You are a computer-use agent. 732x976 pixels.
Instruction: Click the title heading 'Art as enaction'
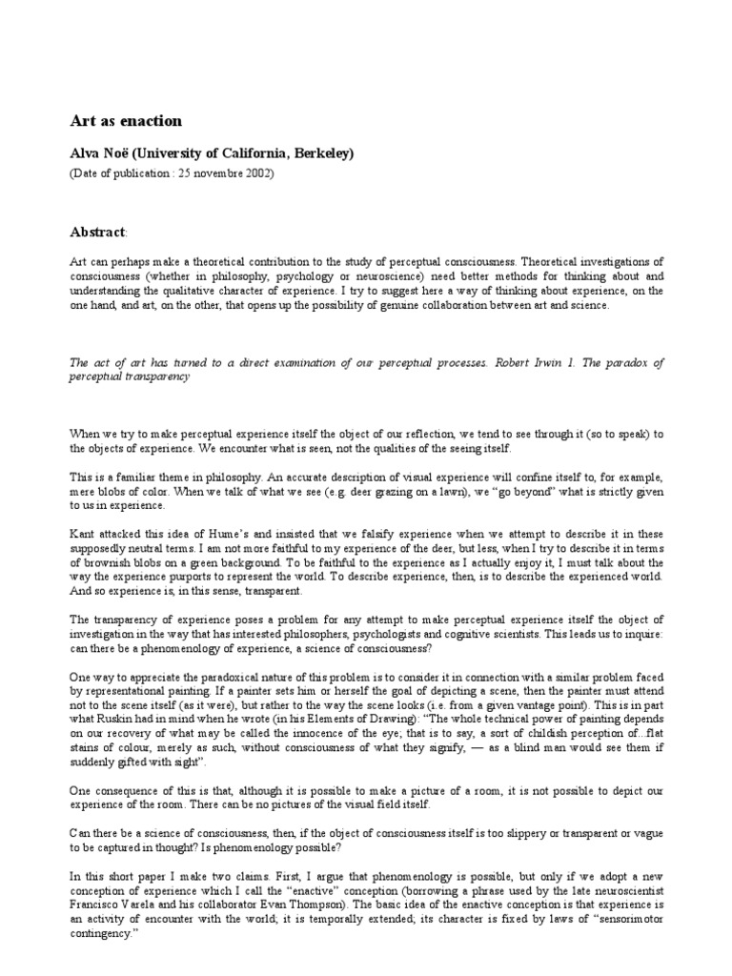click(126, 121)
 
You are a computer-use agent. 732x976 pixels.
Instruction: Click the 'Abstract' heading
click(97, 232)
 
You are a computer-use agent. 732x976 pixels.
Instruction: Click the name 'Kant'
click(83, 533)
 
